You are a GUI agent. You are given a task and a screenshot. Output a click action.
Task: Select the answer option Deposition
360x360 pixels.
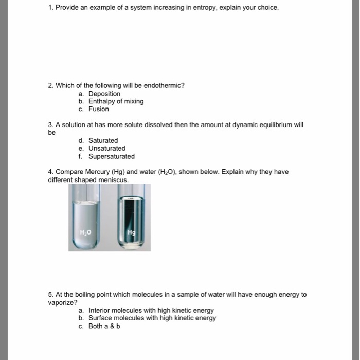click(x=104, y=94)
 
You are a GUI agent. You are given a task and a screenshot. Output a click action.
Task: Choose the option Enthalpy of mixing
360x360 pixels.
click(x=116, y=101)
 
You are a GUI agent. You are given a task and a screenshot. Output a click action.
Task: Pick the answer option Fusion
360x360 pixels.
click(x=99, y=109)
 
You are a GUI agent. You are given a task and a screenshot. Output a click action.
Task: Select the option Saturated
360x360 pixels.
click(x=103, y=140)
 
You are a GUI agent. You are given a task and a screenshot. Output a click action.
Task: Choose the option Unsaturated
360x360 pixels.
click(x=106, y=148)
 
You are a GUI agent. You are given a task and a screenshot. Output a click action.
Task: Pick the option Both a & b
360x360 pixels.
click(x=104, y=326)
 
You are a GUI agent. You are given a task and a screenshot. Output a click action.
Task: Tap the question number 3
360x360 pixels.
click(x=50, y=124)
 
